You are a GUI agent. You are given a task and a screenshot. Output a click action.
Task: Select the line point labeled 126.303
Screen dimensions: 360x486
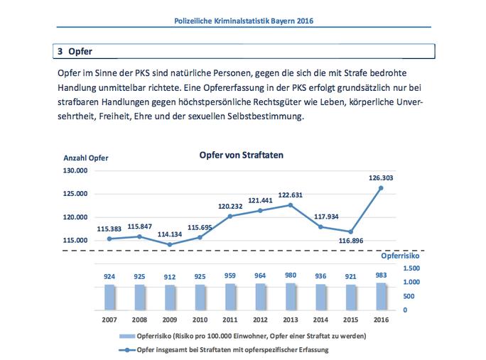(382, 188)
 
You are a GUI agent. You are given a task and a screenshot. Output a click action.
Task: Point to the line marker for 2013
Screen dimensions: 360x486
(290, 205)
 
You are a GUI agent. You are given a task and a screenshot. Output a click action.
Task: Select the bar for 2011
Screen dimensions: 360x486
(229, 296)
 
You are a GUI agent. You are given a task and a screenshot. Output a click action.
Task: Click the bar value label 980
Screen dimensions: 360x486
(290, 276)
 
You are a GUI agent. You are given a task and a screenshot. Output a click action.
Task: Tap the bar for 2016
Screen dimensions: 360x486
(382, 295)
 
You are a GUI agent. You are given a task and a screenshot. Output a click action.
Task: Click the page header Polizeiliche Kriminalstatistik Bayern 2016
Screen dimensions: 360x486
(244, 21)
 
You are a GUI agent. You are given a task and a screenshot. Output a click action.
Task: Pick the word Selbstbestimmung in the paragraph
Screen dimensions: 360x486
(266, 117)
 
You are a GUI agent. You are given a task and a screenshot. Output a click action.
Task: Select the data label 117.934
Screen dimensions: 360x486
(320, 217)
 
